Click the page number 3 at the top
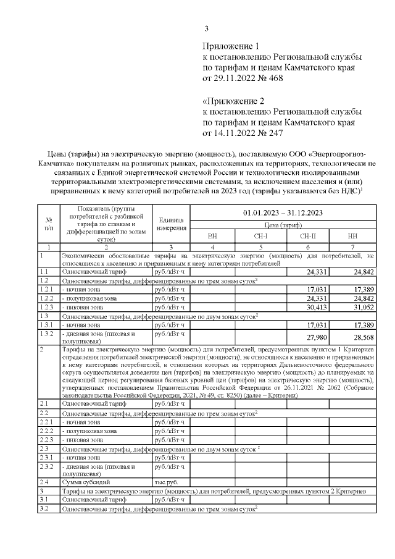click(x=207, y=28)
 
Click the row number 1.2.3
click(x=46, y=307)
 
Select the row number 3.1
click(x=44, y=498)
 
